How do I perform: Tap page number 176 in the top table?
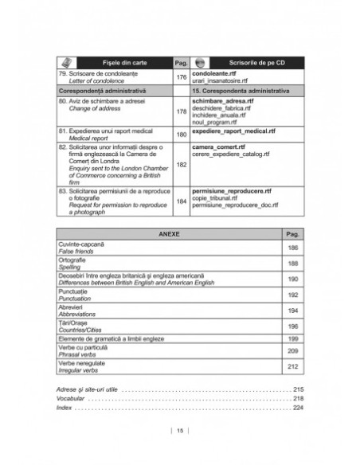coord(180,77)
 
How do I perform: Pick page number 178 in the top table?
coord(180,112)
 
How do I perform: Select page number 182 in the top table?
coord(180,165)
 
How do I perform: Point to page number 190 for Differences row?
coord(292,279)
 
